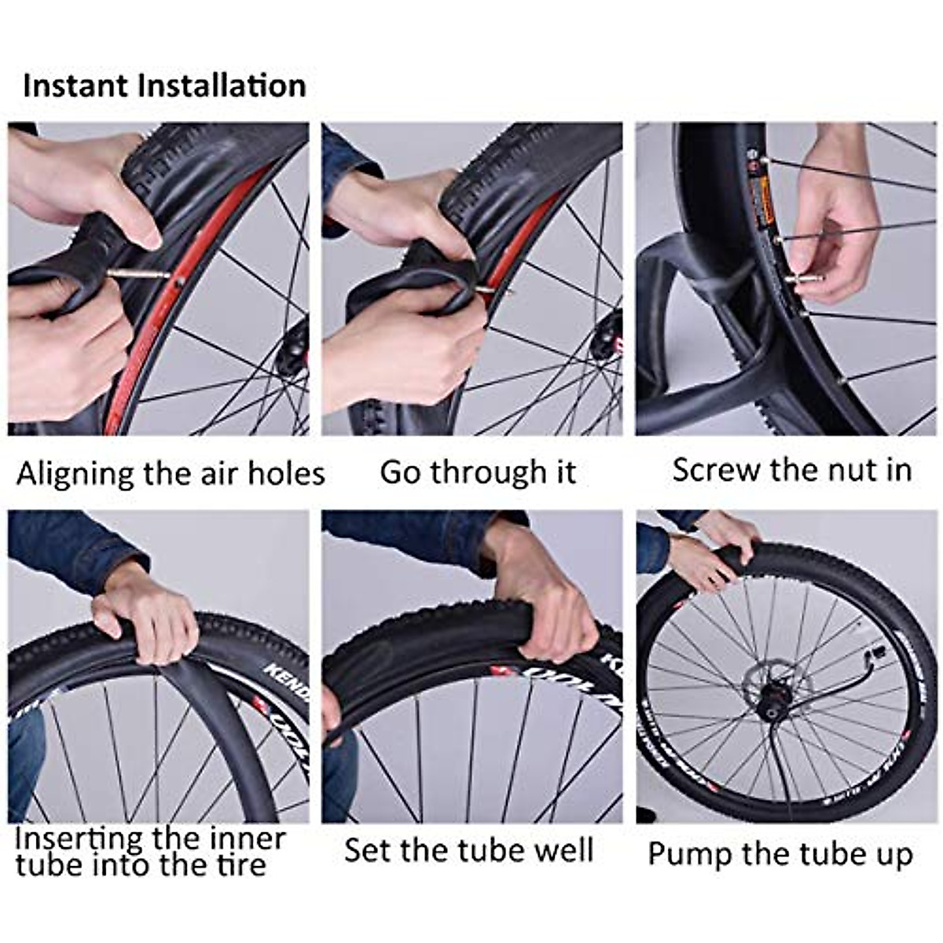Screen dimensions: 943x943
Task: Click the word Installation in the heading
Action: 222,85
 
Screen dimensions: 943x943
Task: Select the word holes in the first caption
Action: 286,473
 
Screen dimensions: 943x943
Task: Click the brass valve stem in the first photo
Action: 138,273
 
